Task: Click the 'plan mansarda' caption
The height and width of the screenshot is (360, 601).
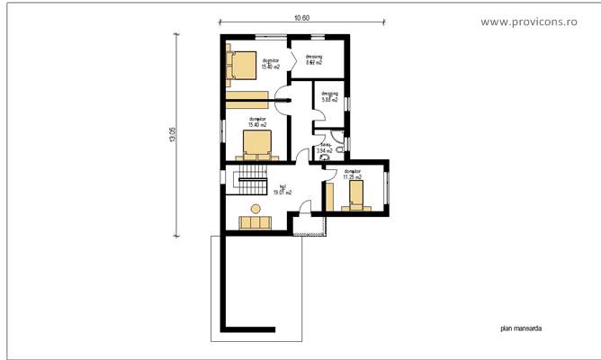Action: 521,329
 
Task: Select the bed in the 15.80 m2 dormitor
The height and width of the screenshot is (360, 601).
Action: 242,65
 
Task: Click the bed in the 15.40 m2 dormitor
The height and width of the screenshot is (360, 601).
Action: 256,142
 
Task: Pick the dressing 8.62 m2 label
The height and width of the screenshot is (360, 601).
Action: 314,60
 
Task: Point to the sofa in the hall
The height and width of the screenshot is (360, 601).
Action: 253,222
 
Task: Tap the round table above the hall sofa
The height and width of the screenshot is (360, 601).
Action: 255,208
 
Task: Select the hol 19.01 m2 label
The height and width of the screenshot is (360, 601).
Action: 283,190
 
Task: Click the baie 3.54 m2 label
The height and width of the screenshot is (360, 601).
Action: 325,149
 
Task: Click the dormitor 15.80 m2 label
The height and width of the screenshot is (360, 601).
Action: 270,64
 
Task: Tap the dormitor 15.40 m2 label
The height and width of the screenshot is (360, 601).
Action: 259,121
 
